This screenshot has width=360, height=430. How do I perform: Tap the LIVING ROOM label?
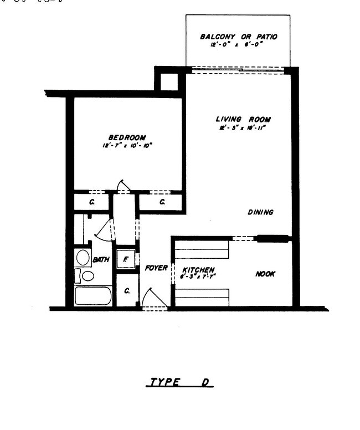tap(243, 120)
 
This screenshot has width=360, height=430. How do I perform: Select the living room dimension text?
tap(243, 129)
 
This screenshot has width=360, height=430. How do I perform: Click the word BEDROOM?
tap(127, 138)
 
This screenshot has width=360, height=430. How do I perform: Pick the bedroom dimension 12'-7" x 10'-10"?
tap(127, 146)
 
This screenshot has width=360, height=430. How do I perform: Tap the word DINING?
tap(260, 212)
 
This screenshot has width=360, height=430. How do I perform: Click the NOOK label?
tap(265, 274)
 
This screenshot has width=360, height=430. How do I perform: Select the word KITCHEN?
tap(198, 270)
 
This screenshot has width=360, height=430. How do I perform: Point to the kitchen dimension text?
tap(198, 277)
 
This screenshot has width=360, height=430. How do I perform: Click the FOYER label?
tap(156, 268)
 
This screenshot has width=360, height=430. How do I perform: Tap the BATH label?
tap(101, 259)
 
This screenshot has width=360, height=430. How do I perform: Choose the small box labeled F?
tap(126, 259)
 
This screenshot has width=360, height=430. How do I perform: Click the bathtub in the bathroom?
tap(93, 295)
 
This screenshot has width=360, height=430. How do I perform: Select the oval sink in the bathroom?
tap(84, 257)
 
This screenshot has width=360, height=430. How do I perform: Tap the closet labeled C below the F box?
tap(127, 290)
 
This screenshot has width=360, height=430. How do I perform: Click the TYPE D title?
tap(181, 382)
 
